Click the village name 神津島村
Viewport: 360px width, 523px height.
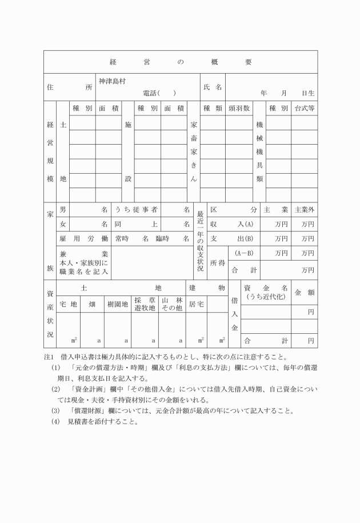[x=111, y=81]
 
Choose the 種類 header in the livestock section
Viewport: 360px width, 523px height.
[x=212, y=108]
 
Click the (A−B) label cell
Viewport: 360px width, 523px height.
[x=244, y=253]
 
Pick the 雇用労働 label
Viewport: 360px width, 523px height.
[x=83, y=238]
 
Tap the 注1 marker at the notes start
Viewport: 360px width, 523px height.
[x=48, y=357]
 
